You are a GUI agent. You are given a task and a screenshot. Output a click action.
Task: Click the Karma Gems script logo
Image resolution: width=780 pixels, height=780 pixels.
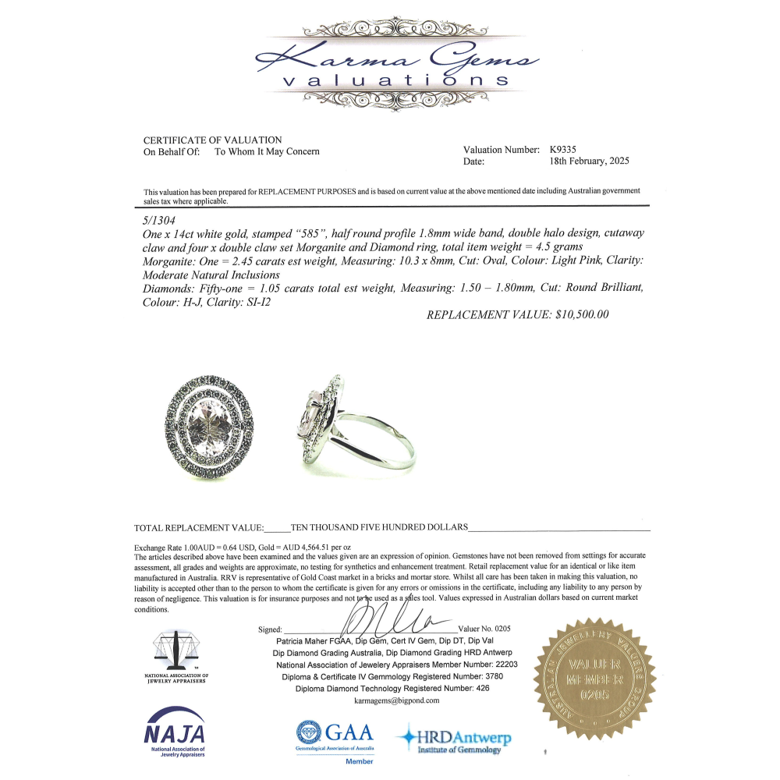click(397, 58)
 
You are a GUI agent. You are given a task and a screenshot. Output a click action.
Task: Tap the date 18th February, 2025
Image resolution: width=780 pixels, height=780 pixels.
click(589, 161)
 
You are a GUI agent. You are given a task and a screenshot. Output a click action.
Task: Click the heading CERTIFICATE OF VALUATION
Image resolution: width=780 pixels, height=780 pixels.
click(213, 140)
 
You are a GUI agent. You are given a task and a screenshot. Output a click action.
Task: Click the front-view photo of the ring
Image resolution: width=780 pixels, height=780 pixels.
click(209, 427)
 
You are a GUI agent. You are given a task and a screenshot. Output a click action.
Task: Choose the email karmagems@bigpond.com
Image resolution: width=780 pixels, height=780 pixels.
click(397, 700)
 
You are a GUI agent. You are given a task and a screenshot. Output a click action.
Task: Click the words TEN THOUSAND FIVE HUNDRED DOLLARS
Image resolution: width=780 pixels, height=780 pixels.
click(379, 527)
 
